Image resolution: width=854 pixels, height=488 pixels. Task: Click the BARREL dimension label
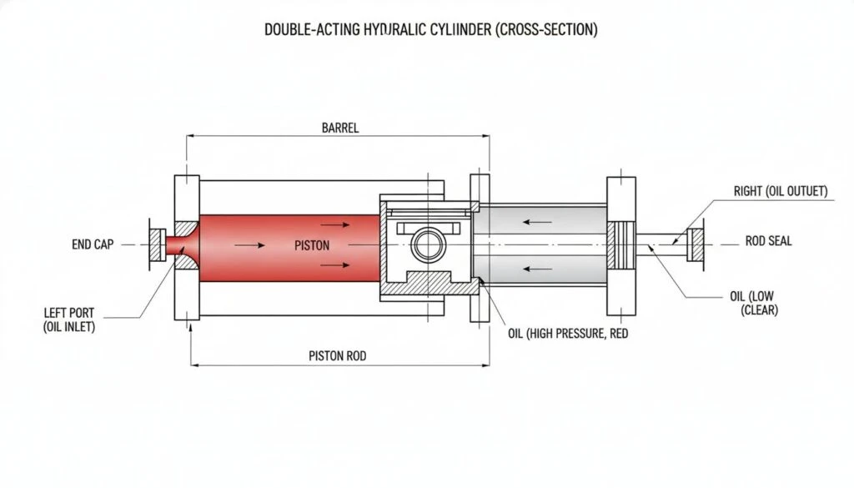point(339,128)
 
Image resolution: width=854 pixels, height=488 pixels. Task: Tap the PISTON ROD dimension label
point(337,355)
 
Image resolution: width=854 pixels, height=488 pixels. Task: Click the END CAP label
point(93,245)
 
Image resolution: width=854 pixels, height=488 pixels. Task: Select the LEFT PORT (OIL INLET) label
point(69,320)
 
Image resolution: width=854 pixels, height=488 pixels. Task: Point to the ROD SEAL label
point(768,242)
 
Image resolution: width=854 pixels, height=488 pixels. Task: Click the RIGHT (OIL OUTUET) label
point(780,192)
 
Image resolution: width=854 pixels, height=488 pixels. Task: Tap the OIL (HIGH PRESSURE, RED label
point(568,333)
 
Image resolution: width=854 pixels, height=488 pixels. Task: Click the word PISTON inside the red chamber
point(312,246)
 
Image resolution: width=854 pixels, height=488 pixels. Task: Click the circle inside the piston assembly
point(430,246)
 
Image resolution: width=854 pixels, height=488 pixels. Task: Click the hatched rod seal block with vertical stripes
point(623,244)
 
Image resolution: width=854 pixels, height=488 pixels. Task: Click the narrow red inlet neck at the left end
point(177,244)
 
